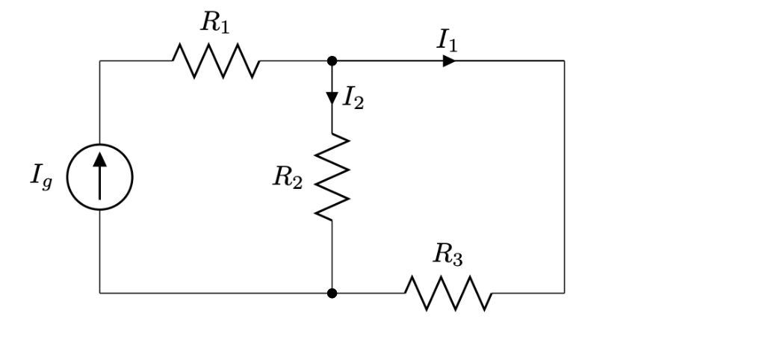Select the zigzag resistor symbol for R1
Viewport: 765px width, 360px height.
point(216,60)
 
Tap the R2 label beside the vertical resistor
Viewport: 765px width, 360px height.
point(288,177)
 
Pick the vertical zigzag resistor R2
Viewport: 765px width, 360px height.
point(332,177)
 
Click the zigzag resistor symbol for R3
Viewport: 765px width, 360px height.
point(448,293)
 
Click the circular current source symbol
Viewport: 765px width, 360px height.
point(100,178)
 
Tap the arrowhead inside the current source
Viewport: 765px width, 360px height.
point(100,158)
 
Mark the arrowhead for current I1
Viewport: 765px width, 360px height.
point(448,60)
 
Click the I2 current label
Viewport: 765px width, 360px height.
point(353,98)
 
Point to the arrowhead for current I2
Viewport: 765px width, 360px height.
point(332,98)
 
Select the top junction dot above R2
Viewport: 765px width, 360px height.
point(332,60)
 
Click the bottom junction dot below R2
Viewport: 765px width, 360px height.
point(332,293)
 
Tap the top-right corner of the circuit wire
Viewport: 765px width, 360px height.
point(564,60)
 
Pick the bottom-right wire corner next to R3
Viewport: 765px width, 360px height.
point(564,293)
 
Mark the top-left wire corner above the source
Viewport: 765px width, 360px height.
point(100,60)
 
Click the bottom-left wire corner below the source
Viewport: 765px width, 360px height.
point(100,293)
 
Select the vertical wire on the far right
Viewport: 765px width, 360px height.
point(564,177)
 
